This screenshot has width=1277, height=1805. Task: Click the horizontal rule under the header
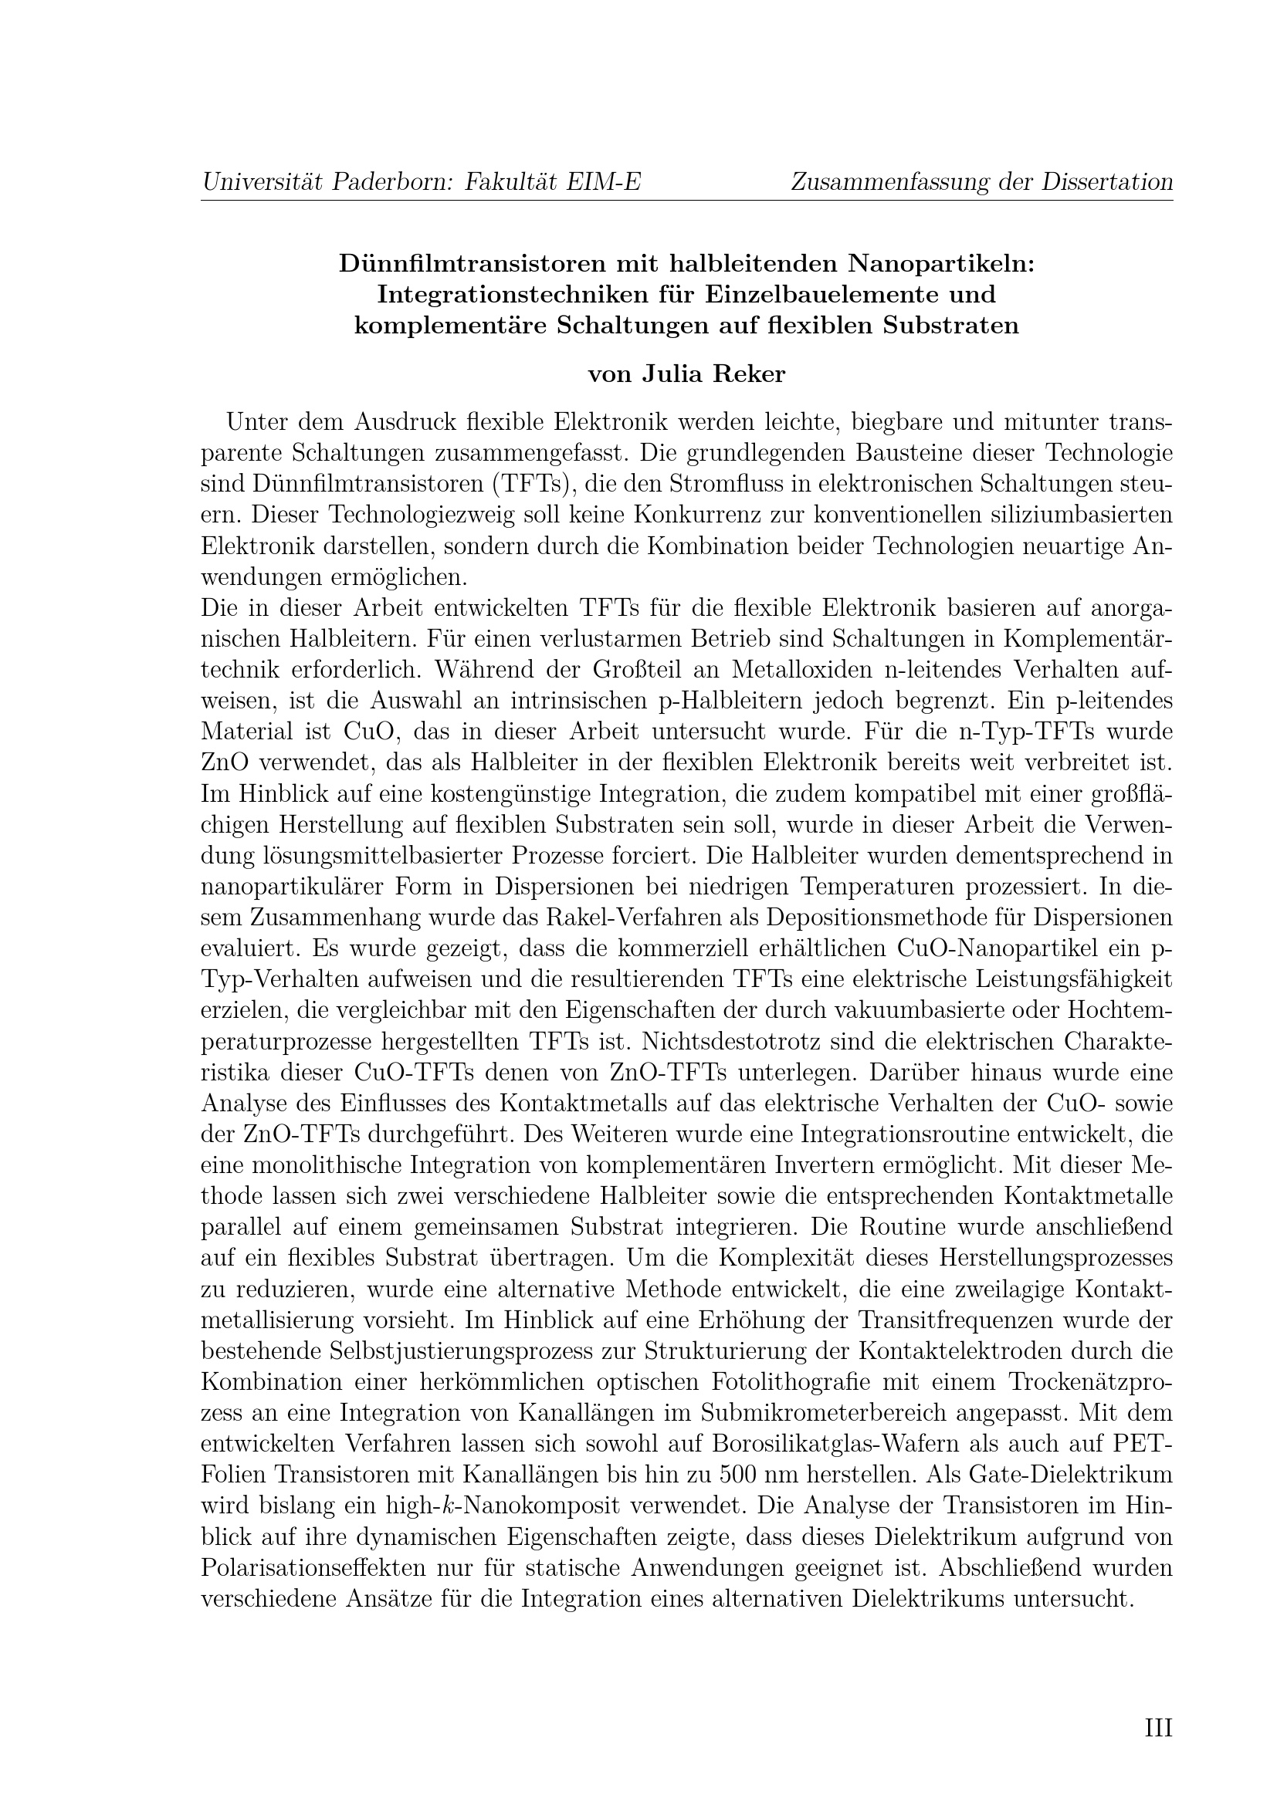click(686, 201)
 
